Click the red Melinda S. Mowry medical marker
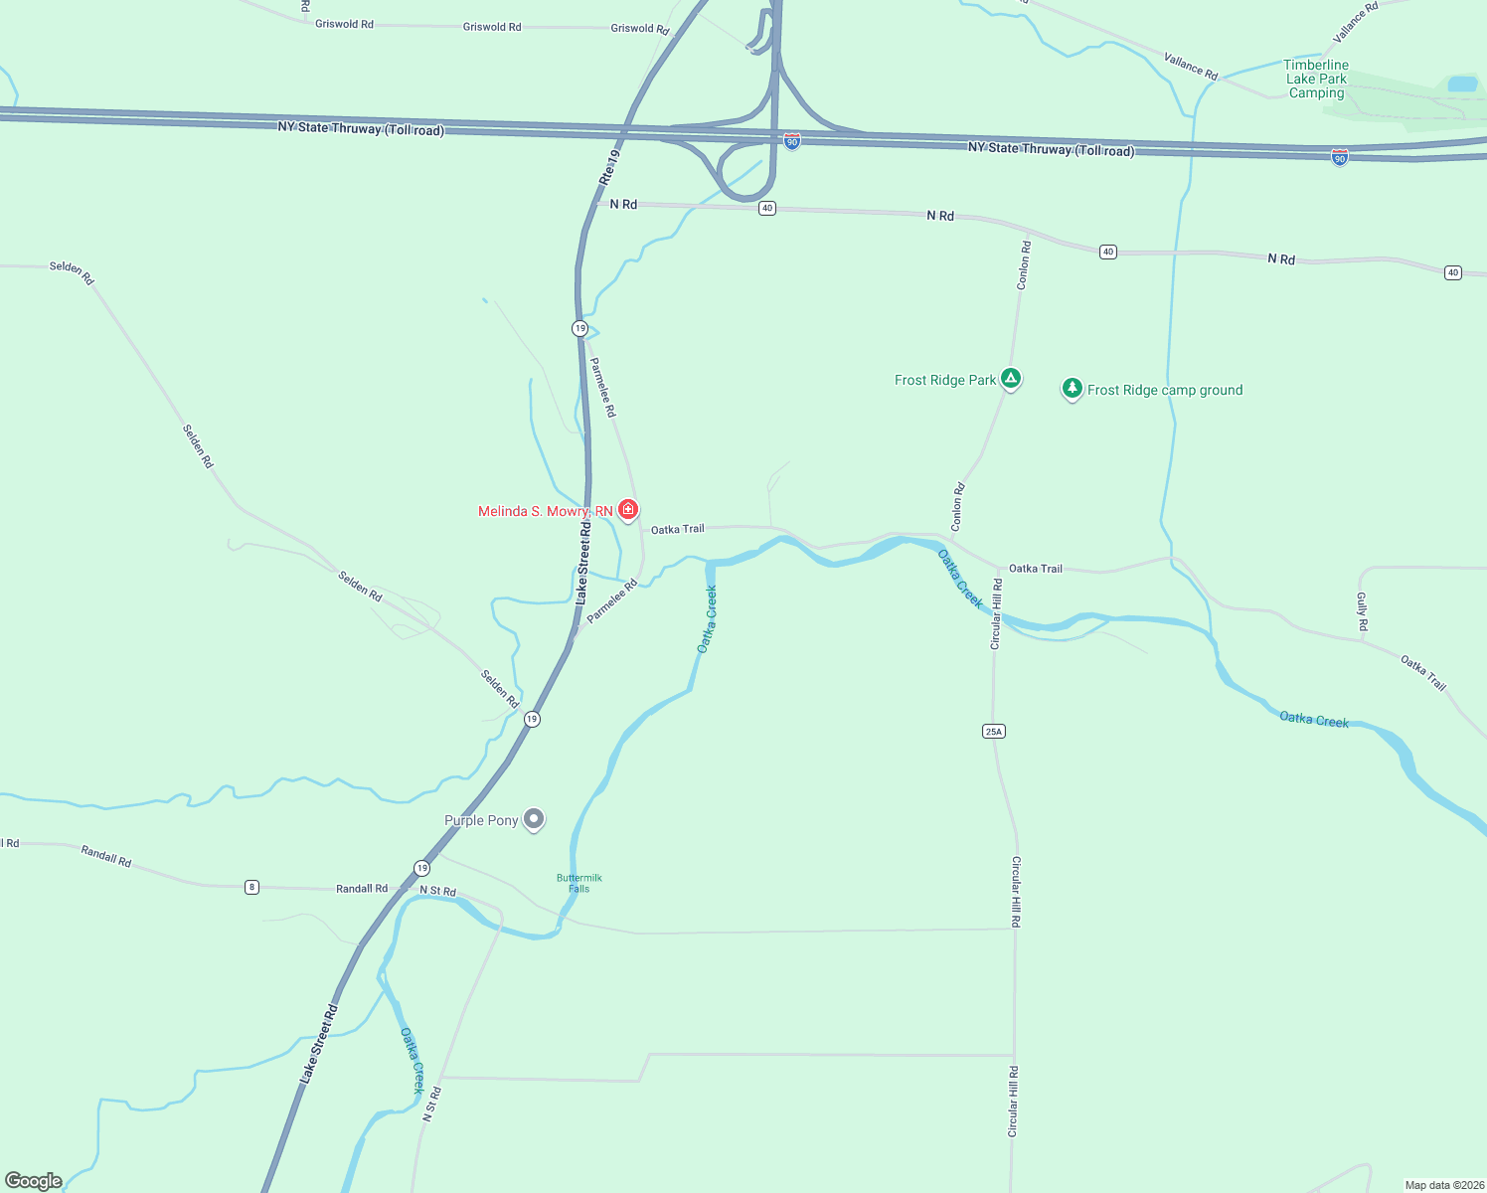pos(628,510)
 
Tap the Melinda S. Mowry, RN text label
pos(545,512)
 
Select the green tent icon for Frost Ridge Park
pos(1011,378)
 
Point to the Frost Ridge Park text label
pos(944,380)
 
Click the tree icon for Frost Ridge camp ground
pos(1072,389)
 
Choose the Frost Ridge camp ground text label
pos(1165,391)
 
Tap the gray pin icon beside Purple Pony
pos(534,819)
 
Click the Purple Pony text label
pos(481,820)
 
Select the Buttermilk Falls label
pos(579,883)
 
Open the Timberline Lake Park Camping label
pos(1316,79)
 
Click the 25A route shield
pos(994,732)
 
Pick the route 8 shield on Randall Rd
pos(252,887)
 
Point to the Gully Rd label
pos(1363,611)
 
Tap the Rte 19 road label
pos(609,167)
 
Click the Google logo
pos(34,1181)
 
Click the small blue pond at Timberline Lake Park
pos(1462,85)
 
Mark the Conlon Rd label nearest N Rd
pos(1023,265)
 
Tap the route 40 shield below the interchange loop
pos(767,209)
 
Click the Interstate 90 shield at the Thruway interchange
pos(791,142)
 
